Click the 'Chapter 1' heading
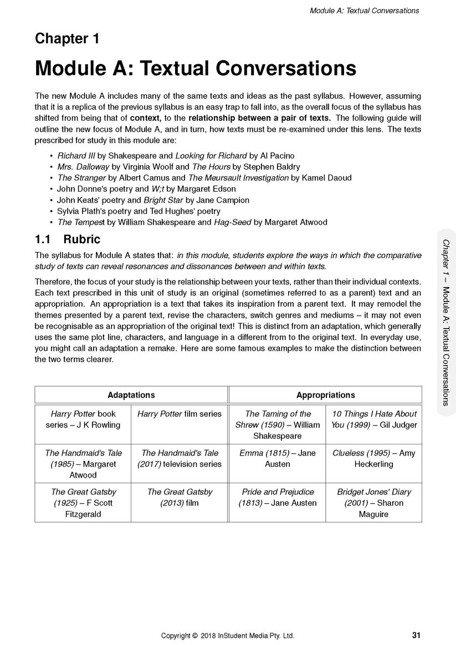[67, 39]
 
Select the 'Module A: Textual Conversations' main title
[195, 68]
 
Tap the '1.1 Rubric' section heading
[68, 239]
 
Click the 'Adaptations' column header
[131, 395]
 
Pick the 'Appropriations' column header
[325, 395]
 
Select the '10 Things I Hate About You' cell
[373, 419]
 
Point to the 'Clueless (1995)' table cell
[373, 458]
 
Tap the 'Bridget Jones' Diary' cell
[373, 503]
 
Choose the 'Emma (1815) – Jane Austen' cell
[277, 458]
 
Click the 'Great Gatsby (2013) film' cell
[179, 497]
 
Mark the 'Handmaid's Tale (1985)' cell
[83, 464]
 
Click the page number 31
[416, 635]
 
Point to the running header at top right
[364, 11]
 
